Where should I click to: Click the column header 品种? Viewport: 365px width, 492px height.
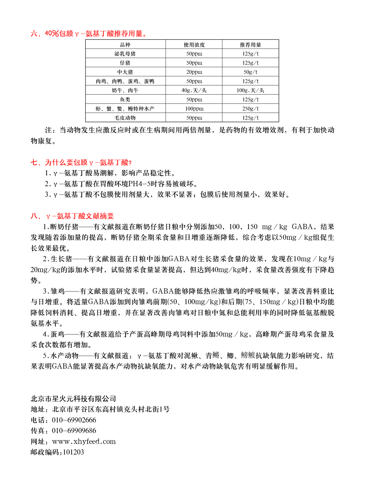(x=125, y=45)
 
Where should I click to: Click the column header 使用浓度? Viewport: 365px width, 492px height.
(x=194, y=45)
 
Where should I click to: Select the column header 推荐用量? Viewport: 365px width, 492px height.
(x=250, y=45)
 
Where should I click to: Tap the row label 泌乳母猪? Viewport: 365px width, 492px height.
(x=125, y=54)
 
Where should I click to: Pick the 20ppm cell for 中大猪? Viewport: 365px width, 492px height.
(x=194, y=72)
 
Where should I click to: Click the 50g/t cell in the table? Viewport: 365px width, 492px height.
(x=250, y=72)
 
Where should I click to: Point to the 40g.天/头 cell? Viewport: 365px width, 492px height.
(x=194, y=90)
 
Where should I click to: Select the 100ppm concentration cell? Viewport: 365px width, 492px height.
(x=194, y=109)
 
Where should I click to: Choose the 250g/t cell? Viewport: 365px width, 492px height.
(x=250, y=109)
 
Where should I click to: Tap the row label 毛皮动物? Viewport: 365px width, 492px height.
(x=125, y=118)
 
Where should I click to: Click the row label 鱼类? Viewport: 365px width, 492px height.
(x=125, y=100)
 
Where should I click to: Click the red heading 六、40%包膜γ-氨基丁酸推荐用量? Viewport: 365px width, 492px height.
(x=89, y=34)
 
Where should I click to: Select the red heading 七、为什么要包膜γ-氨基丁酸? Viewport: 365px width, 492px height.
(x=81, y=163)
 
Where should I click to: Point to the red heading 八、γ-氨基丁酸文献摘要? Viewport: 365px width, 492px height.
(x=72, y=216)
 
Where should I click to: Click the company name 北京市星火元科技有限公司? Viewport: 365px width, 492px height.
(x=73, y=399)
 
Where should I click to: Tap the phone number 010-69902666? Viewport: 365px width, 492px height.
(x=74, y=420)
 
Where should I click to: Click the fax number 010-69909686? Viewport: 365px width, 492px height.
(x=74, y=431)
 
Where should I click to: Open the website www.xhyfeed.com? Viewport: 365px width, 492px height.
(x=84, y=442)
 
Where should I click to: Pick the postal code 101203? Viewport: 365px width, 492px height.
(x=73, y=452)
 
